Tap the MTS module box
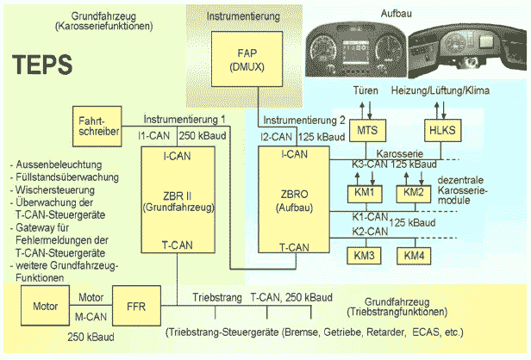pyautogui.click(x=366, y=128)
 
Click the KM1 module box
pyautogui.click(x=363, y=192)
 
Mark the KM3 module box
pyautogui.click(x=363, y=256)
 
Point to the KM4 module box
pyautogui.click(x=415, y=256)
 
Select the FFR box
pyautogui.click(x=134, y=306)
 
